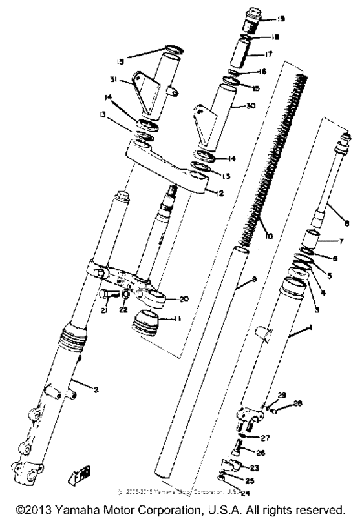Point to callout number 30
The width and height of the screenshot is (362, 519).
coord(252,107)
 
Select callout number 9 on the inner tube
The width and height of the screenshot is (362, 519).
coord(254,278)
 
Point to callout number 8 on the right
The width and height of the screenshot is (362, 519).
coord(346,223)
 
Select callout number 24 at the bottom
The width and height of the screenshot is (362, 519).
coord(246,492)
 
